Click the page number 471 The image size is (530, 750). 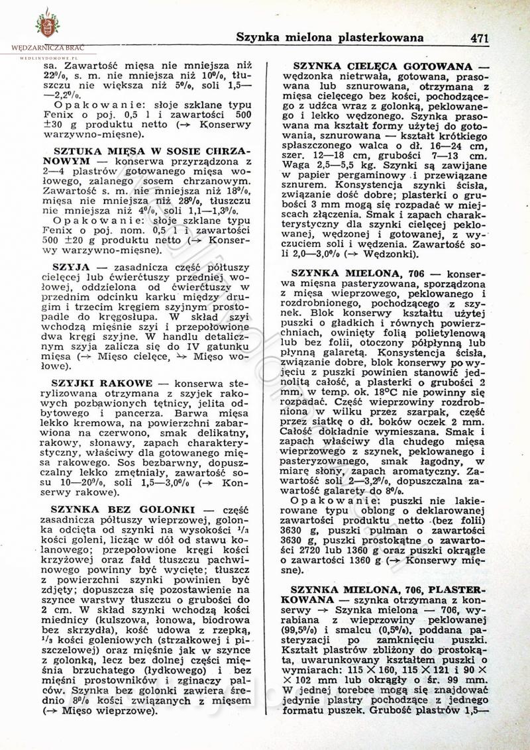pos(479,38)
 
